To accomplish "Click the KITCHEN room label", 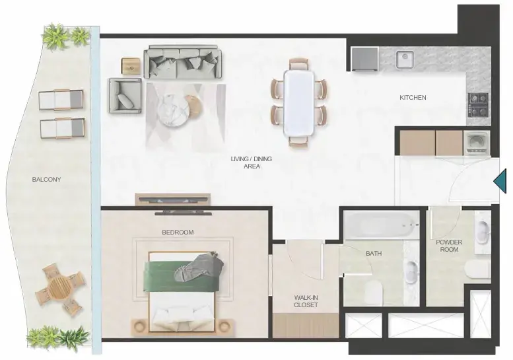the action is coord(413,98).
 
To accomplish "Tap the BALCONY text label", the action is coord(46,180).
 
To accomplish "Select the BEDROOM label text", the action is coord(178,232).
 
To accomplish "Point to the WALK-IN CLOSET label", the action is coord(306,301).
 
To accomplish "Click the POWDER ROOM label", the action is coord(449,246).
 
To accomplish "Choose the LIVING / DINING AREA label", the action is coord(252,162).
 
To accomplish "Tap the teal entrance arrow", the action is coord(500,181).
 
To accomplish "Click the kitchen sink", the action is coord(405,59).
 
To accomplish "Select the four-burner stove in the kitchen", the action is coord(478,105).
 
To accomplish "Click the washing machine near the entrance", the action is coord(477,143).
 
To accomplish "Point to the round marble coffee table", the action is coord(173,109).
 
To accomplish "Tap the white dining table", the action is coord(299,102).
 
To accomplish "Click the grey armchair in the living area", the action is coord(125,96).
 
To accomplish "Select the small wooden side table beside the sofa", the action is coord(131,66).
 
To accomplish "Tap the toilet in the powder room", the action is coord(477,270).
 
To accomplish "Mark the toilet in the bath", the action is coord(374,292).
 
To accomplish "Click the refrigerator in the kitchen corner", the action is coord(365,59).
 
